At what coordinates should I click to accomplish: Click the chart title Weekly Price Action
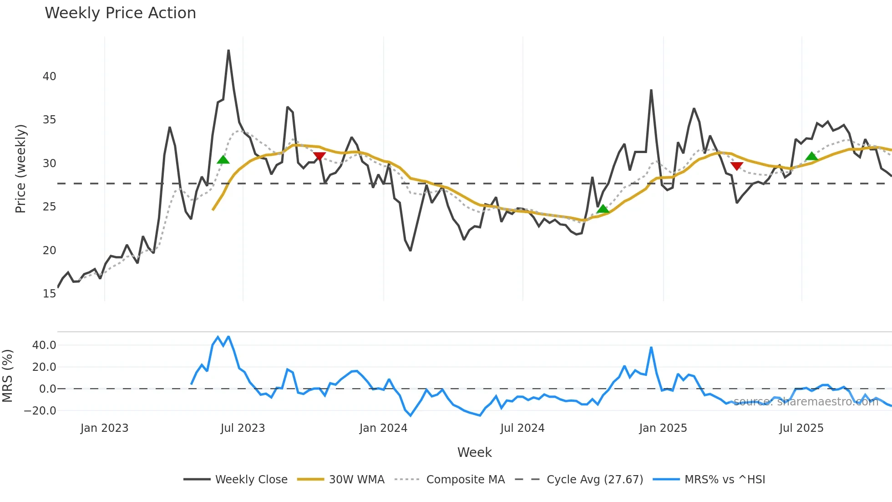[x=120, y=13]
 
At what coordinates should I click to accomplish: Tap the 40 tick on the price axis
[x=49, y=77]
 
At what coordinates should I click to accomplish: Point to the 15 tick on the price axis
[x=49, y=294]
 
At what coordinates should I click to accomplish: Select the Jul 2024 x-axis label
[x=522, y=428]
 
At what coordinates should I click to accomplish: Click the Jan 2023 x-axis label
[x=104, y=428]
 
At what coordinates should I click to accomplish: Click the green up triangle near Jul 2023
[x=223, y=159]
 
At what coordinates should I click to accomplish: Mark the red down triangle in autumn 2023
[x=319, y=157]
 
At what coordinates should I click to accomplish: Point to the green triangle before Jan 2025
[x=603, y=209]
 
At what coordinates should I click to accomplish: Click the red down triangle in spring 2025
[x=736, y=166]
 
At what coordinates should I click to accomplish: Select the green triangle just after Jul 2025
[x=811, y=157]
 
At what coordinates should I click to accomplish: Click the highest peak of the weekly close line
[x=228, y=51]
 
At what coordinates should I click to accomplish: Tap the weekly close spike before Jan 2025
[x=651, y=90]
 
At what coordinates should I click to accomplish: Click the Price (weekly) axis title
[x=20, y=169]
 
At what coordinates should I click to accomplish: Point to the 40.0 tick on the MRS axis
[x=44, y=345]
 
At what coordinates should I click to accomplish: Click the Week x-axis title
[x=474, y=452]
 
